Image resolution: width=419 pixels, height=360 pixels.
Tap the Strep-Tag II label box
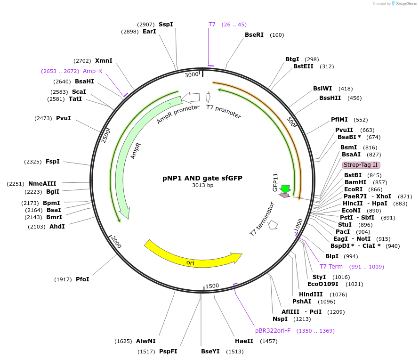[361, 165]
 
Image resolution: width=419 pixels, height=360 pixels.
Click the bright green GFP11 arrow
[285, 189]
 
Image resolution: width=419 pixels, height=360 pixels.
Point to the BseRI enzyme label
[254, 35]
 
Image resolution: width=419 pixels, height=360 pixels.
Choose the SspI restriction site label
[166, 25]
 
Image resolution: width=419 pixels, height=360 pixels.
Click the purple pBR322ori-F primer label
[273, 331]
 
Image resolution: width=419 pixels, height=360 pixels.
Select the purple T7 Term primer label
[331, 267]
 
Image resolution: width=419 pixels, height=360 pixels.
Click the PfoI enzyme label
[82, 279]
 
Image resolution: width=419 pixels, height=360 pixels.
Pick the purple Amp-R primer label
[92, 71]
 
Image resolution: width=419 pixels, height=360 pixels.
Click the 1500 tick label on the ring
[212, 286]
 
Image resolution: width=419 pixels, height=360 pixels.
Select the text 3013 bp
[202, 186]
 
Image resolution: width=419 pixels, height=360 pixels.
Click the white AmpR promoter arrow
[191, 97]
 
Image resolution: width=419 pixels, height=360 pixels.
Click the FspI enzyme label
[53, 162]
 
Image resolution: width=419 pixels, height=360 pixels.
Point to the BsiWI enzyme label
[322, 89]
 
